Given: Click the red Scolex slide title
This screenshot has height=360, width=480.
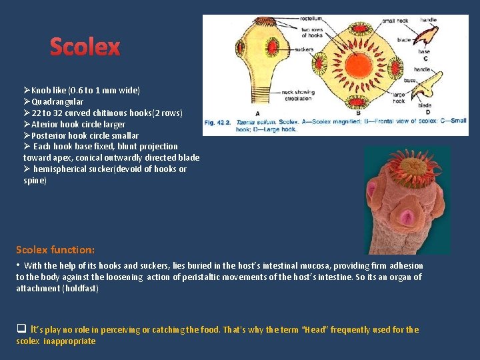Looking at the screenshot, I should [85, 47].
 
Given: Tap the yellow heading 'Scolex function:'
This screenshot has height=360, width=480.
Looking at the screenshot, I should [55, 249].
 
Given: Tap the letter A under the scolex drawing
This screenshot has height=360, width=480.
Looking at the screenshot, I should [257, 113].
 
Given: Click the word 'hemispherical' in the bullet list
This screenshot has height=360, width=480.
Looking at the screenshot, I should [61, 169].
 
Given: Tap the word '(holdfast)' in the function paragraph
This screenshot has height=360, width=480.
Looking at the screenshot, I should [79, 288].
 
